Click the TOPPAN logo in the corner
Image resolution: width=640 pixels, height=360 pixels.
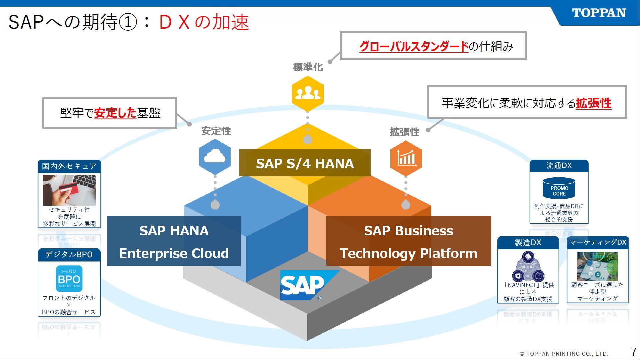(x=599, y=13)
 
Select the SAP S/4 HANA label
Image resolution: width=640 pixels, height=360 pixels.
(x=305, y=163)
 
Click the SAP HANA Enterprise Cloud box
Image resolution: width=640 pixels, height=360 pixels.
(x=174, y=241)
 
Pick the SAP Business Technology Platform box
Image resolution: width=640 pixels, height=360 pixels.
(x=408, y=241)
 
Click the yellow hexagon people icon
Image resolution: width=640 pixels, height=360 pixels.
(x=308, y=94)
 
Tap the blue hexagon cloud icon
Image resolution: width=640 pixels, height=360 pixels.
(x=215, y=156)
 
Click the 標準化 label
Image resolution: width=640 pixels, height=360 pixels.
(x=308, y=67)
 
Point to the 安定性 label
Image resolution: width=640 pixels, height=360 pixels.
(x=216, y=131)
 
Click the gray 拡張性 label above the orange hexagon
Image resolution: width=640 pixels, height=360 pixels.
(x=404, y=132)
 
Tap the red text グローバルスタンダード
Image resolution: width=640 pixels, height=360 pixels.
(x=414, y=46)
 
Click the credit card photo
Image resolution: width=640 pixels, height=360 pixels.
(x=69, y=190)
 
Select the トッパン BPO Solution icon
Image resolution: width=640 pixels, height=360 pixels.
(x=69, y=279)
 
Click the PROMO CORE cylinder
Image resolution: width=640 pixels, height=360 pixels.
(x=559, y=188)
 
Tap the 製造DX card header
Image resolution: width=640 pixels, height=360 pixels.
(x=528, y=243)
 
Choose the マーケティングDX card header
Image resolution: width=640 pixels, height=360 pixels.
(x=598, y=242)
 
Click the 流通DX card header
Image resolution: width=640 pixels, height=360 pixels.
(x=559, y=166)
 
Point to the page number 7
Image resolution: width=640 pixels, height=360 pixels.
(x=633, y=352)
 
